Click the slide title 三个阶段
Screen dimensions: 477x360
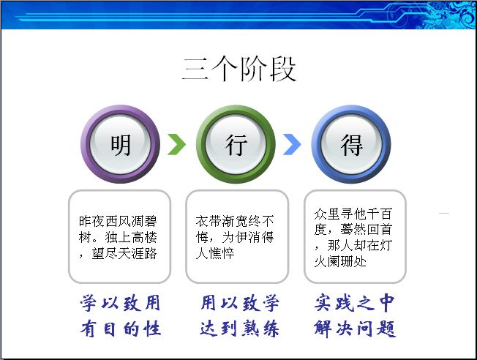pos(239,69)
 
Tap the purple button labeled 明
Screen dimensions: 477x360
pos(121,144)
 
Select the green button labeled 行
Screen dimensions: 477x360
pos(236,144)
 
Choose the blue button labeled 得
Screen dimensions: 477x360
pos(351,144)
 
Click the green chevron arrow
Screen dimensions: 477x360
pos(177,144)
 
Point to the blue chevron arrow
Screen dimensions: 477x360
pos(292,144)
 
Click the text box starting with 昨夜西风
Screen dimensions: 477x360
pos(119,236)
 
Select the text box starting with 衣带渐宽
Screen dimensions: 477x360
pos(237,236)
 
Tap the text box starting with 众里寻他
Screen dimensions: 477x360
pos(355,236)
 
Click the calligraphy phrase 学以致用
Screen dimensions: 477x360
pos(121,303)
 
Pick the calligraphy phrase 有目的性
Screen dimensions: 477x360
pos(121,329)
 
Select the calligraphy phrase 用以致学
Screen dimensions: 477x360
pos(239,303)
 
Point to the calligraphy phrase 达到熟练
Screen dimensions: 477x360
pos(239,329)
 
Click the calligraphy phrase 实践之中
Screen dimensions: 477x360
pos(355,303)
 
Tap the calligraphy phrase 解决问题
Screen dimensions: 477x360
pos(355,329)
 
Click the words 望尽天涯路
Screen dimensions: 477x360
pos(124,253)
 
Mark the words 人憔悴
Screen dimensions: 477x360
pos(215,253)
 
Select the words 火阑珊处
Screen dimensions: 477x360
pos(340,261)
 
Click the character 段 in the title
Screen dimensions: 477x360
pos(283,69)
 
